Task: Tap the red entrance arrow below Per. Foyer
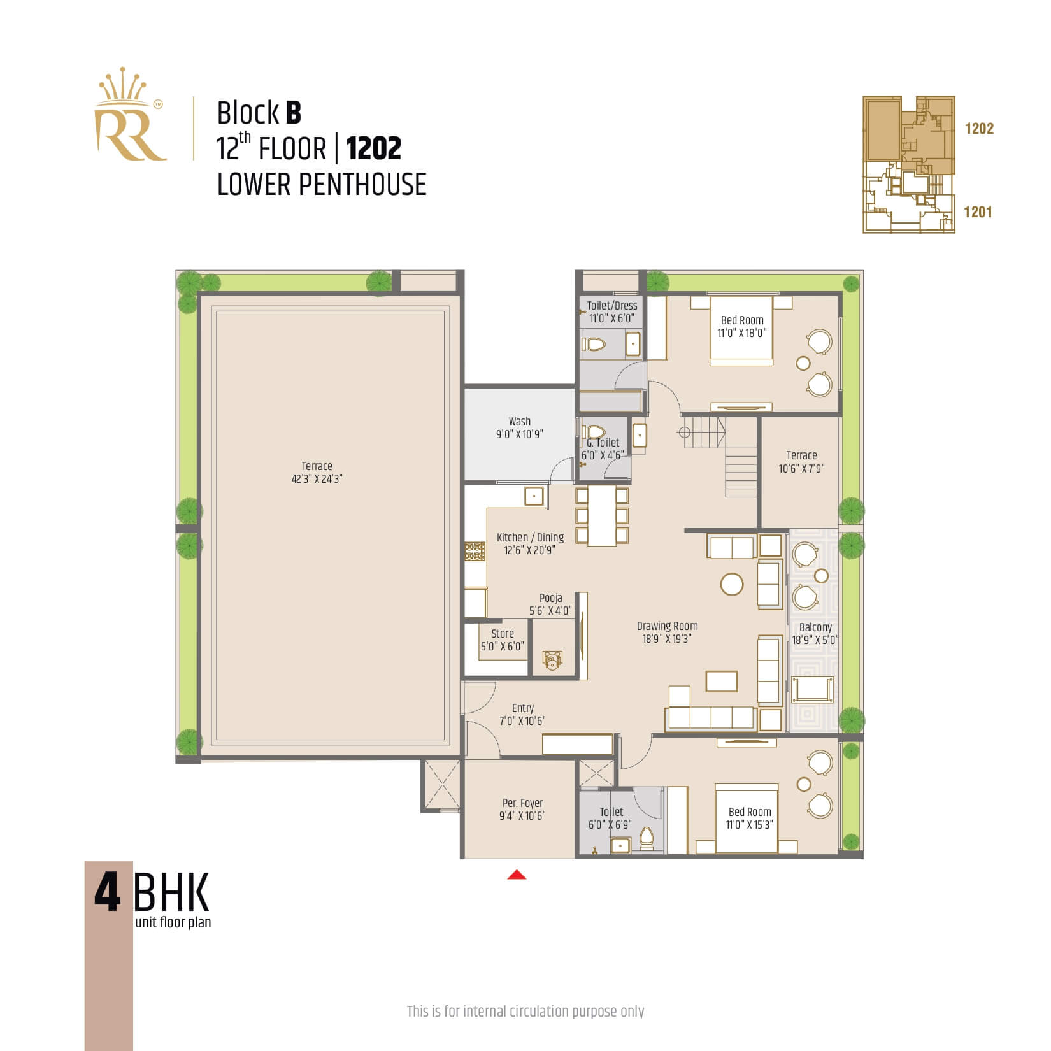[x=517, y=875]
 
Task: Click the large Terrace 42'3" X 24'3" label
[x=317, y=472]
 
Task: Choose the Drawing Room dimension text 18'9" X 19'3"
[x=667, y=638]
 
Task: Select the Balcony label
[x=815, y=627]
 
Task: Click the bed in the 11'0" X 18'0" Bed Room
[x=741, y=331]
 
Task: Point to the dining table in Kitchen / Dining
[x=601, y=516]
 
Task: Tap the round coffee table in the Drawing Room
[x=731, y=584]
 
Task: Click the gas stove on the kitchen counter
[x=475, y=552]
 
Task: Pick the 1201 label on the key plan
[x=978, y=212]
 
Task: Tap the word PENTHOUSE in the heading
[x=362, y=184]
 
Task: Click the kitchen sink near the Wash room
[x=534, y=496]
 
